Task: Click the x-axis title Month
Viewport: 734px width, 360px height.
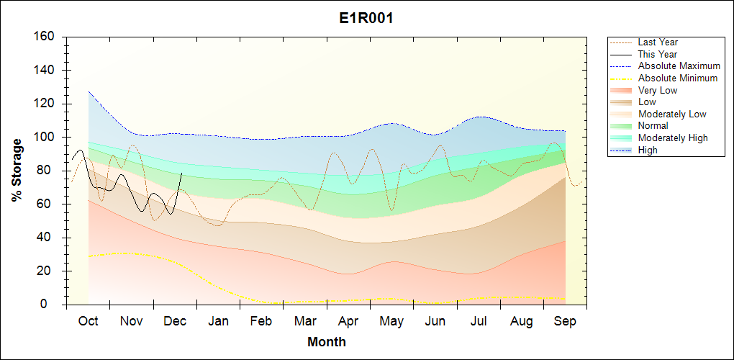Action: tap(327, 342)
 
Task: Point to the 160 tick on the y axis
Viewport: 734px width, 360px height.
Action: tap(43, 37)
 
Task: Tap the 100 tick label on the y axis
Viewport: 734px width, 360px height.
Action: tap(43, 138)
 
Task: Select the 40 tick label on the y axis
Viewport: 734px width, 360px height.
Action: tap(46, 238)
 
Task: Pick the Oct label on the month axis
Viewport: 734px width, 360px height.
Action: tap(87, 321)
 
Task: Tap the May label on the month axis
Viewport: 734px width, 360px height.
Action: tap(391, 321)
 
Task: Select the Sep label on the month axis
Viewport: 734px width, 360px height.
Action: tap(565, 321)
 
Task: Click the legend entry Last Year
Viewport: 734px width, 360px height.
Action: tap(658, 42)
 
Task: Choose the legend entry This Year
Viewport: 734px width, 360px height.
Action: tap(658, 54)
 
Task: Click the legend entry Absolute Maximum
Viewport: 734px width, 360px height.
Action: tap(679, 66)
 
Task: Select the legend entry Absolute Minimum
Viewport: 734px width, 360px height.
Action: tap(678, 78)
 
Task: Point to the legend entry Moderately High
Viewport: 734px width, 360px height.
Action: tap(673, 138)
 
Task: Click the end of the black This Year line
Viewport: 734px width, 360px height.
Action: tap(181, 174)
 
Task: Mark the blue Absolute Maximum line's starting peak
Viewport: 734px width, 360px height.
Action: tap(89, 91)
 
